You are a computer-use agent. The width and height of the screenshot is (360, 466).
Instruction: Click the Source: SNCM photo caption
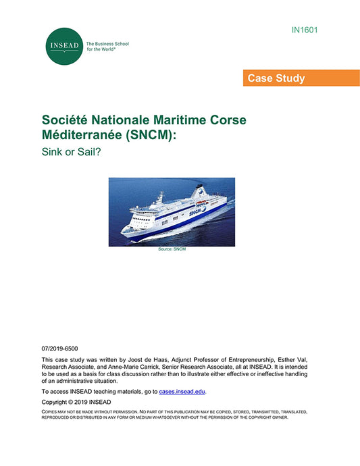172,249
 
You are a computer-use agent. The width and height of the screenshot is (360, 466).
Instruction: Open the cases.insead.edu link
182,392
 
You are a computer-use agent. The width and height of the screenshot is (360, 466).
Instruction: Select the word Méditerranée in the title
82,134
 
